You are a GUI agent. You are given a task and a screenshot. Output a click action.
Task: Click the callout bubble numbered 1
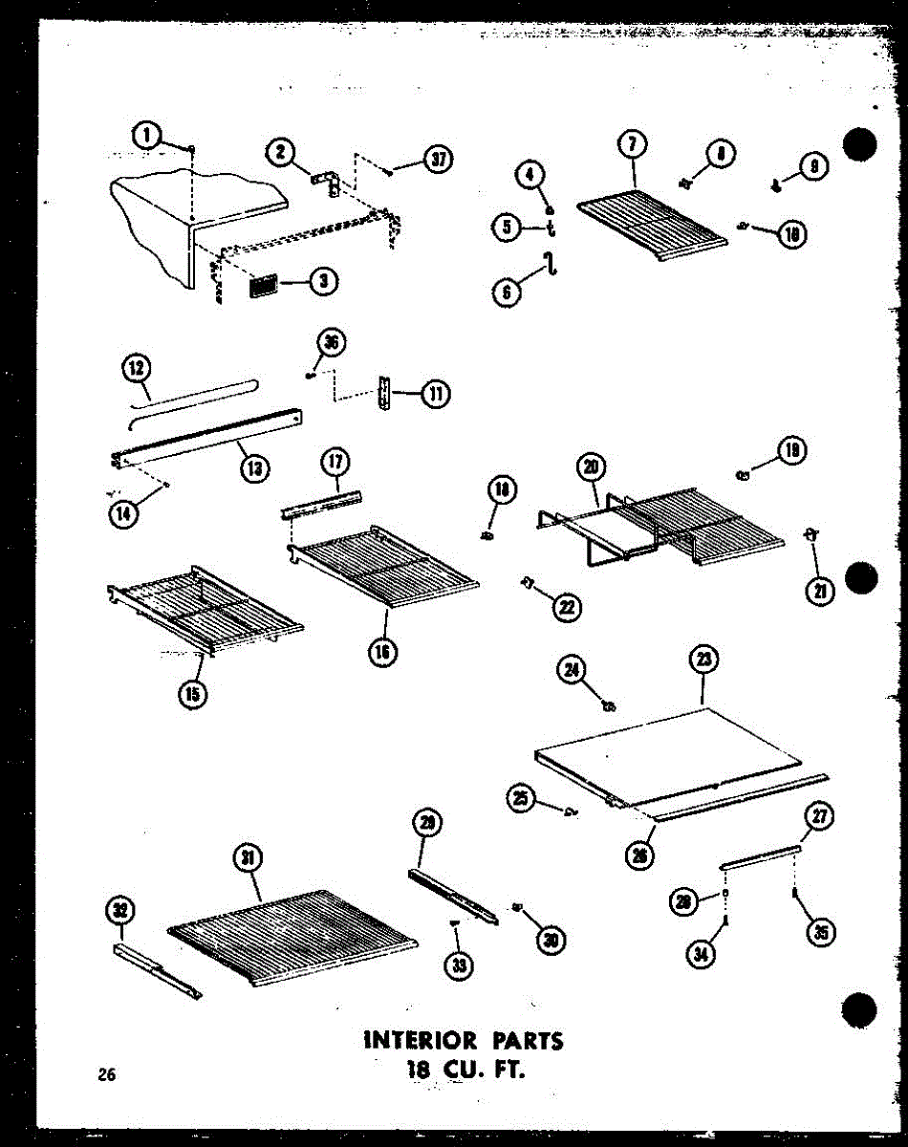click(x=147, y=138)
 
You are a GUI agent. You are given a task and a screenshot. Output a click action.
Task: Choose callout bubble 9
click(x=813, y=166)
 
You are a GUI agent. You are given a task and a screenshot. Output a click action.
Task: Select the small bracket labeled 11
click(x=386, y=393)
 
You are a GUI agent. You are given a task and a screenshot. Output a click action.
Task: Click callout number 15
click(x=193, y=694)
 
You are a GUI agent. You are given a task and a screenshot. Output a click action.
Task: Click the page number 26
click(x=106, y=1074)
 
